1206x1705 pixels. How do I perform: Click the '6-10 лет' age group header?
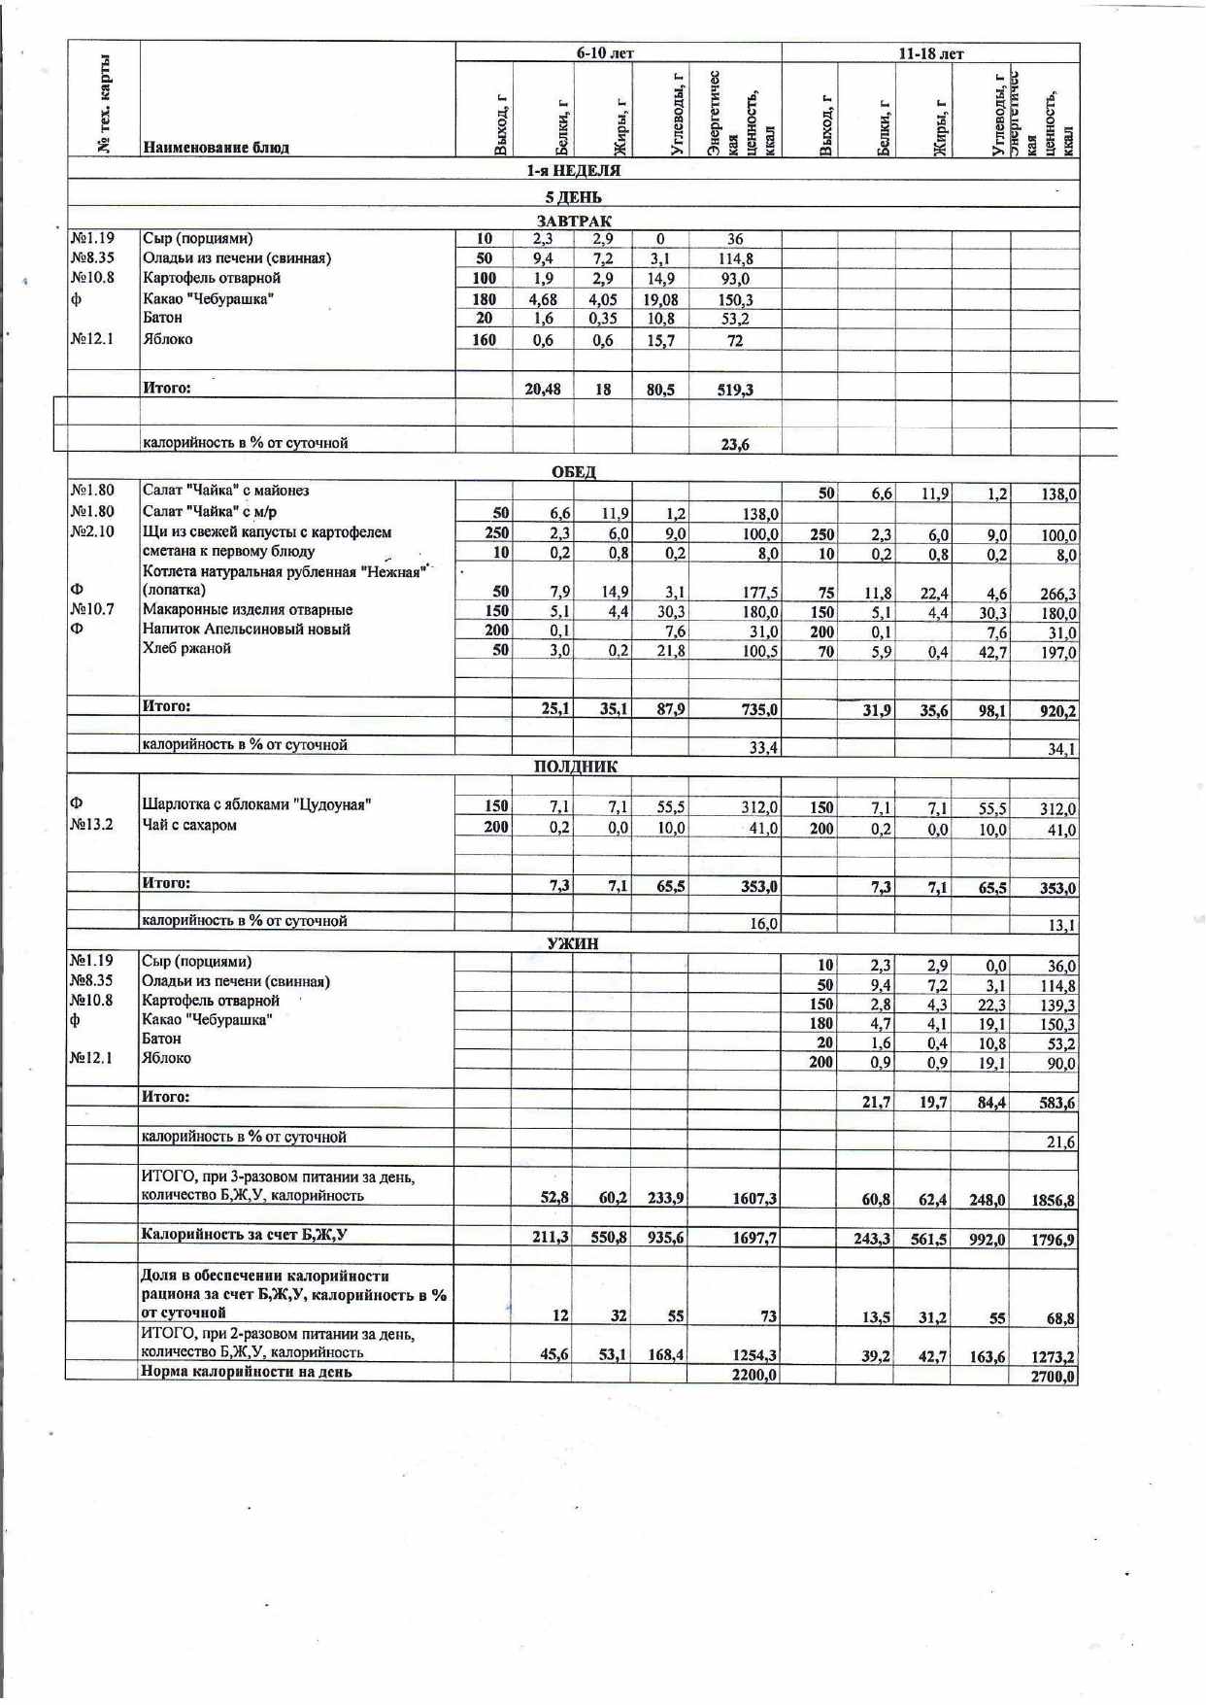[x=605, y=53]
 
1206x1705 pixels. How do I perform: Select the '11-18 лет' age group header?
[x=930, y=53]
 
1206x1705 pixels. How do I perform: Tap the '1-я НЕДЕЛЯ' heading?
[x=573, y=171]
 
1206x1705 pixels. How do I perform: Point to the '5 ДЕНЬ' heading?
[x=573, y=197]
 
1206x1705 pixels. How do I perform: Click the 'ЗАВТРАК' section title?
[x=574, y=222]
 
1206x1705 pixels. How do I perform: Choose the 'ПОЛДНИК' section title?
[x=575, y=767]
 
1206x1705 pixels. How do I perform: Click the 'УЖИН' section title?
[x=573, y=943]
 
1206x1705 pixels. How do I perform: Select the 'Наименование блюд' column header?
[x=216, y=148]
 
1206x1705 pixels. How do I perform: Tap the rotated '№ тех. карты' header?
[x=104, y=103]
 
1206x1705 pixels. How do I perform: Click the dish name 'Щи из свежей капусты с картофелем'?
[x=267, y=532]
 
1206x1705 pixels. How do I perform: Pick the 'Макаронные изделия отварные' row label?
[x=248, y=610]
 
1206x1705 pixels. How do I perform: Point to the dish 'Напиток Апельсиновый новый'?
[x=247, y=630]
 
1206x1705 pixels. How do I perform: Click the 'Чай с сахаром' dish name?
[x=189, y=826]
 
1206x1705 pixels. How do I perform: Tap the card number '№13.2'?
[x=92, y=825]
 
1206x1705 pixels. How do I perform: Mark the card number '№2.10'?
[x=92, y=531]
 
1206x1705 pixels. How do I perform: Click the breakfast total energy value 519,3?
[x=735, y=390]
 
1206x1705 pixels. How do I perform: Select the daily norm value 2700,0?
[x=1054, y=1377]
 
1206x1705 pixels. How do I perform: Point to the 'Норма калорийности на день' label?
[x=247, y=1373]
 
